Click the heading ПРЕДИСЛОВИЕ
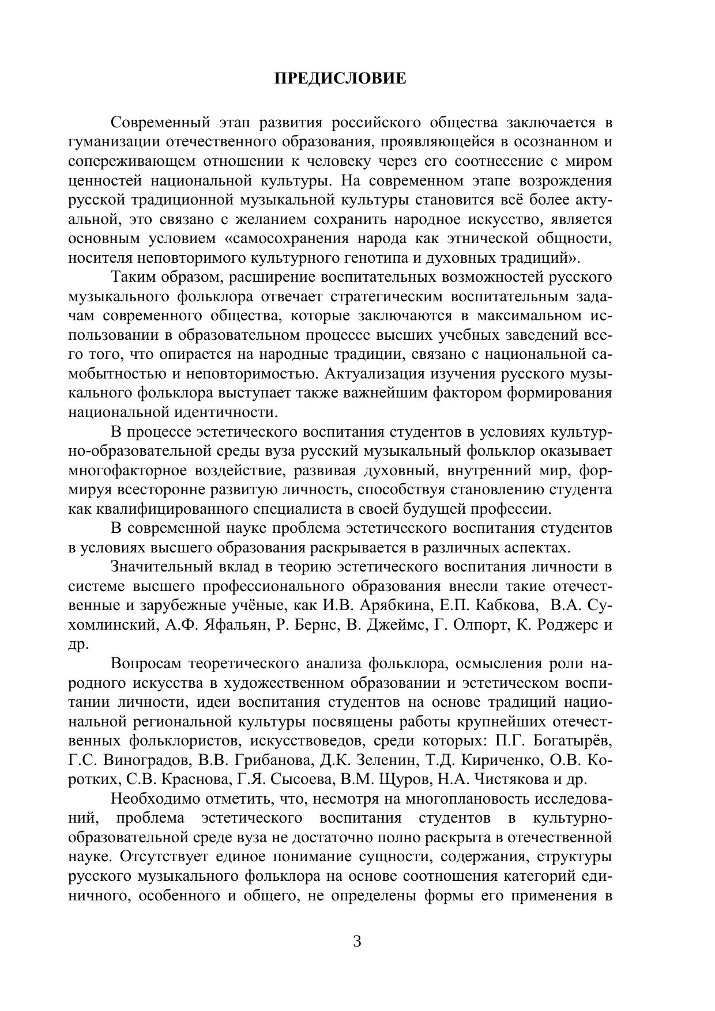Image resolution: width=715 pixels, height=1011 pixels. pyautogui.click(x=340, y=78)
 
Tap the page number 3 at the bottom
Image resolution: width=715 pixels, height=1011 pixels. pyautogui.click(x=357, y=941)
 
